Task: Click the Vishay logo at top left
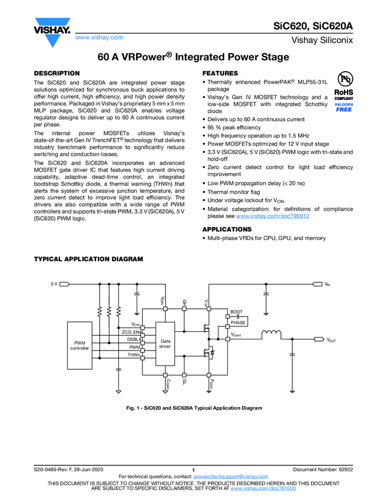[x=53, y=30]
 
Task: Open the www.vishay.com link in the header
[x=99, y=37]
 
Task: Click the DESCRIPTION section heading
[x=57, y=74]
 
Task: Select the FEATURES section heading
[x=220, y=74]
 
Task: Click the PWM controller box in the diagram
[x=80, y=345]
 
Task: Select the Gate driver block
[x=165, y=344]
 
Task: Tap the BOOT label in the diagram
[x=236, y=312]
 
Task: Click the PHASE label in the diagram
[x=237, y=322]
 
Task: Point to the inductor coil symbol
[x=271, y=335]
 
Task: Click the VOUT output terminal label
[x=332, y=341]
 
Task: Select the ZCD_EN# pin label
[x=131, y=332]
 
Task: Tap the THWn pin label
[x=134, y=355]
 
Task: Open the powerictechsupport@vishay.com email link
[x=231, y=476]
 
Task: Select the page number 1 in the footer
[x=193, y=469]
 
